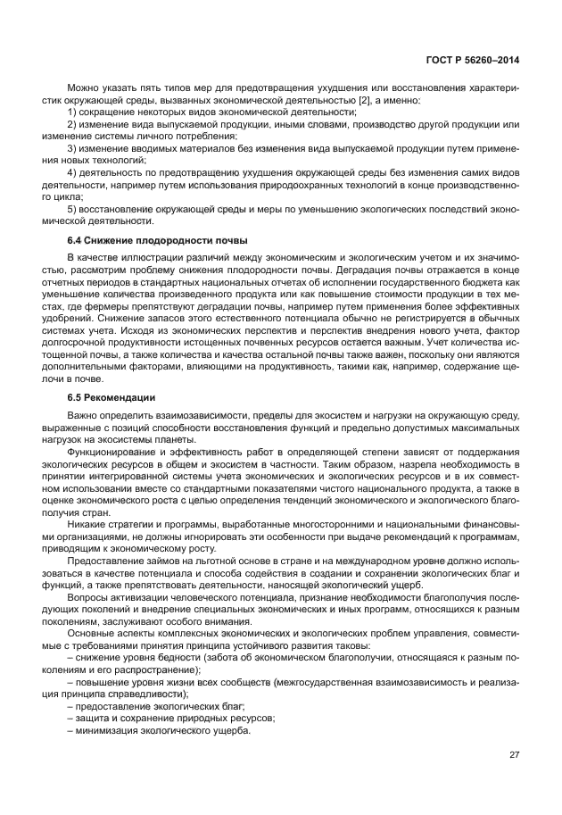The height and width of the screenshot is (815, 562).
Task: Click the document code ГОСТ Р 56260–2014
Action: click(475, 61)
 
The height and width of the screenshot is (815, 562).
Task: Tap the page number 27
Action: click(514, 754)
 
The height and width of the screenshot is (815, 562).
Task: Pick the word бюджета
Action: click(493, 282)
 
